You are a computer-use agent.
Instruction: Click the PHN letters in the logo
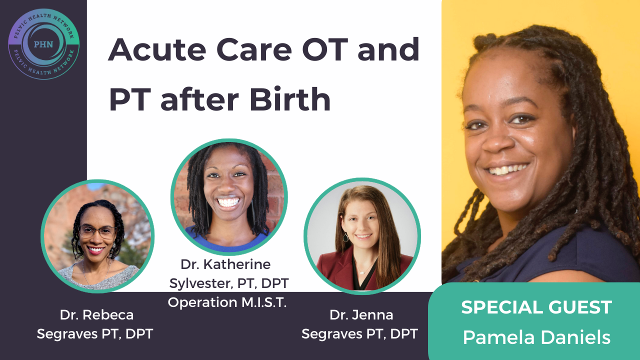(x=43, y=44)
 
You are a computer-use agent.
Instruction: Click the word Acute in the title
(x=157, y=49)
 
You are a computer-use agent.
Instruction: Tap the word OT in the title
(x=325, y=49)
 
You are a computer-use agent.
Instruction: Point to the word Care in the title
(x=254, y=49)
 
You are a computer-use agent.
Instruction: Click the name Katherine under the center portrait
(x=237, y=264)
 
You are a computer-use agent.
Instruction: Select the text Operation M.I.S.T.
(x=227, y=302)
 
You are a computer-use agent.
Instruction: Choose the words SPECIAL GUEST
(x=536, y=307)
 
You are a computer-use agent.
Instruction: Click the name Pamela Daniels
(x=536, y=337)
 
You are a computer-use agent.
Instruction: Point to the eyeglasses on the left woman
(x=97, y=231)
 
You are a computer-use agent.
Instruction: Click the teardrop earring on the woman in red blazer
(x=345, y=237)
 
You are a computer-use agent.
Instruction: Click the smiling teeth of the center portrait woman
(x=228, y=202)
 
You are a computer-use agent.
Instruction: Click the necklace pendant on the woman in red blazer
(x=362, y=273)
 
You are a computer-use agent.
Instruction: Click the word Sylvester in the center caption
(x=203, y=283)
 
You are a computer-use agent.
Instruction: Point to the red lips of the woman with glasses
(x=95, y=250)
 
